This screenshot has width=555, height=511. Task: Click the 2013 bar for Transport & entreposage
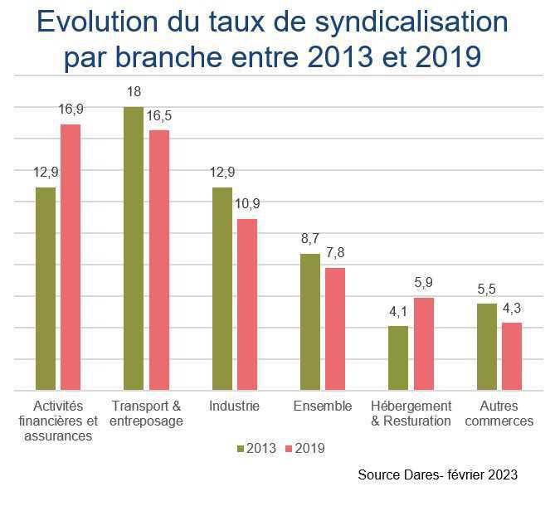click(x=134, y=249)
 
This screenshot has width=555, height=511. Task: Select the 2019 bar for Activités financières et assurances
click(x=71, y=257)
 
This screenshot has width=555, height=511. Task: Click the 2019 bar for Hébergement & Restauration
click(x=423, y=343)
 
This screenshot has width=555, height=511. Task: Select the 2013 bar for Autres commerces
click(x=487, y=347)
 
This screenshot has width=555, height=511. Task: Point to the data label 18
click(x=134, y=91)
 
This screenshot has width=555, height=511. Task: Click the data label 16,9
click(x=71, y=109)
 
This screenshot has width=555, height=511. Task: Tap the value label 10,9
click(x=247, y=204)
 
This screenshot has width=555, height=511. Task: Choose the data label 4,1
click(x=399, y=311)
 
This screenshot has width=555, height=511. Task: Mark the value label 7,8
click(x=335, y=253)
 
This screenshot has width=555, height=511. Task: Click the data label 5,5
click(x=487, y=289)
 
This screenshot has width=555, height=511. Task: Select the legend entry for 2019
click(x=304, y=449)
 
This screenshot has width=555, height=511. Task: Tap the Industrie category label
click(x=234, y=406)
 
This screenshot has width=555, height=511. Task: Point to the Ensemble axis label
click(x=323, y=406)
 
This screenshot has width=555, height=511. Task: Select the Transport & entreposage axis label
click(x=146, y=413)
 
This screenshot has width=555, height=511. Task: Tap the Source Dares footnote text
click(x=438, y=475)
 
